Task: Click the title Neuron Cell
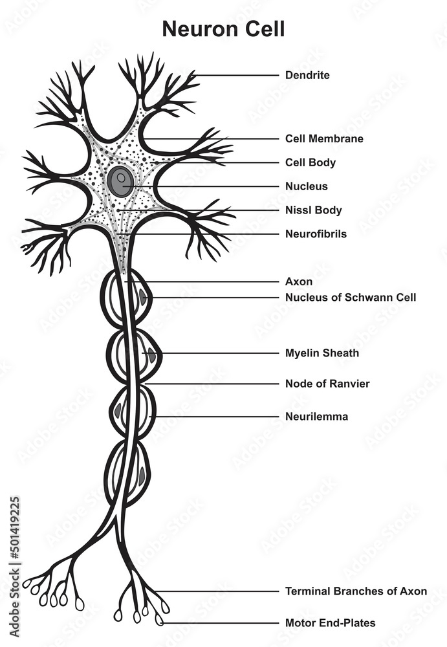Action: click(223, 29)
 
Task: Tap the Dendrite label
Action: click(307, 75)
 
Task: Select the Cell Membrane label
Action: click(324, 138)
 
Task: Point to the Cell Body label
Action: click(311, 162)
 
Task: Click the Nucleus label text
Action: click(307, 186)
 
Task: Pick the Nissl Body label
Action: click(314, 210)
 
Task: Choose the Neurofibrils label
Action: click(316, 234)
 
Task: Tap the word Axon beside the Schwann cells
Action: click(299, 282)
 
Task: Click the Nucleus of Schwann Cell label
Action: click(351, 298)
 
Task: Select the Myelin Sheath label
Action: click(322, 353)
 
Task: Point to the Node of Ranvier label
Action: click(327, 384)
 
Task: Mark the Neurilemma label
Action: click(316, 417)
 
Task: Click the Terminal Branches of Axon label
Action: click(356, 591)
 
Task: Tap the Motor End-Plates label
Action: click(330, 623)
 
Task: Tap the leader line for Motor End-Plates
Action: click(220, 623)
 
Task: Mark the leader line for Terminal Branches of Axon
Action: click(220, 591)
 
